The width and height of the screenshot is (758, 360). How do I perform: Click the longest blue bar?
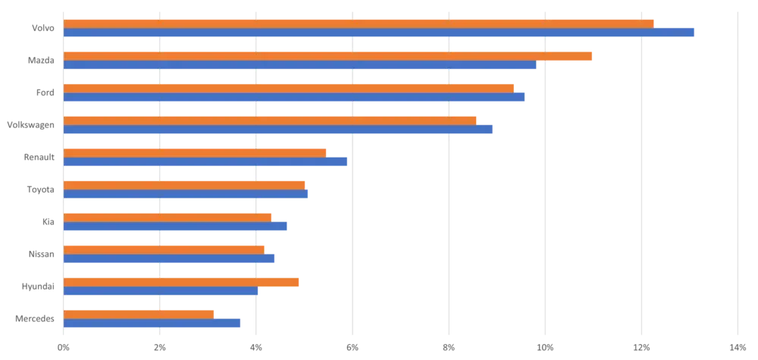pyautogui.click(x=379, y=33)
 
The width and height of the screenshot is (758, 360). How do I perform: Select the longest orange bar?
pyautogui.click(x=359, y=23)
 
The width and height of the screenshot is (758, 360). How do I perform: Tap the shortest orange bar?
pyautogui.click(x=140, y=314)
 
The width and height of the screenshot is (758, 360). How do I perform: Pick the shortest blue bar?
pyautogui.click(x=152, y=324)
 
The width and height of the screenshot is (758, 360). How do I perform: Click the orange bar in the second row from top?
pyautogui.click(x=328, y=55)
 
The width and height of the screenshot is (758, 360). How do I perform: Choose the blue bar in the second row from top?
pyautogui.click(x=300, y=66)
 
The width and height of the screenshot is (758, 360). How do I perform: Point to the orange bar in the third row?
pyautogui.click(x=289, y=87)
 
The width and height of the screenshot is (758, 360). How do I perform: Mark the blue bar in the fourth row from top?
pyautogui.click(x=280, y=130)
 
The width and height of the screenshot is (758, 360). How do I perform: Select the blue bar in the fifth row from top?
pyautogui.click(x=206, y=162)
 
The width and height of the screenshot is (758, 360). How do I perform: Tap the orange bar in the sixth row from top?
pyautogui.click(x=185, y=184)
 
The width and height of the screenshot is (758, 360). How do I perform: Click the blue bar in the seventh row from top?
pyautogui.click(x=177, y=227)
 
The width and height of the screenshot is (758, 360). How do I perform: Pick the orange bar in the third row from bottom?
pyautogui.click(x=164, y=249)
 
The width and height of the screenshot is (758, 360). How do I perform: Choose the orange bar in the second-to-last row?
pyautogui.click(x=182, y=282)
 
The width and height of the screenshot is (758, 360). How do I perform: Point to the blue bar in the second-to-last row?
pyautogui.click(x=161, y=292)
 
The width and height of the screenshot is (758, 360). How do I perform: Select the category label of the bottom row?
pyautogui.click(x=33, y=319)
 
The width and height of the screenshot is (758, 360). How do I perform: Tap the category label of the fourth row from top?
pyautogui.click(x=30, y=125)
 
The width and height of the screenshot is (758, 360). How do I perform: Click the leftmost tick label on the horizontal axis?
pyautogui.click(x=64, y=346)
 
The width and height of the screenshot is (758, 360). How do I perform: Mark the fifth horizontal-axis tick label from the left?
pyautogui.click(x=449, y=346)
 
